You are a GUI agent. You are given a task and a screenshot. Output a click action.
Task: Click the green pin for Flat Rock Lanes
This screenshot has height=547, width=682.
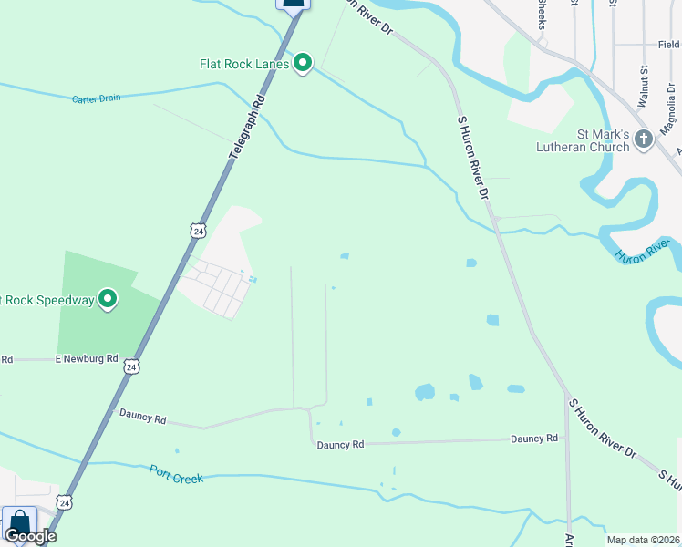pos(303,63)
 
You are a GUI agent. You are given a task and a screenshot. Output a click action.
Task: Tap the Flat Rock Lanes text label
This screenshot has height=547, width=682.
pos(244,64)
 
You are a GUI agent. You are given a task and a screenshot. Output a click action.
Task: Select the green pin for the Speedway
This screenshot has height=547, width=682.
pos(108,298)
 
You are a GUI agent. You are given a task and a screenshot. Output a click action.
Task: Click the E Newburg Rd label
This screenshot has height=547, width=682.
pos(87,359)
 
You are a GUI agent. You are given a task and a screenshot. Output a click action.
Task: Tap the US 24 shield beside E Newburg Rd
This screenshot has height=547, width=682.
pos(133,366)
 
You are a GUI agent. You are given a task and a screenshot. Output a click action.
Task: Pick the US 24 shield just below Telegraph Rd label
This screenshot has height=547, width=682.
pos(198,231)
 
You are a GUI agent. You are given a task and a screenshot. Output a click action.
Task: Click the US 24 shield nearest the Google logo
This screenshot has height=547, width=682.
pos(63,501)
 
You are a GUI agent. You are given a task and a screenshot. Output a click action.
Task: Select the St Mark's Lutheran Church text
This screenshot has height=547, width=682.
pos(584,139)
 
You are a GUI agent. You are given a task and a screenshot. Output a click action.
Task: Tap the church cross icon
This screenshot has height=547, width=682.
pos(644,139)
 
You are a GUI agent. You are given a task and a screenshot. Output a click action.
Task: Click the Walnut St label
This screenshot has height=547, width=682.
pos(643,88)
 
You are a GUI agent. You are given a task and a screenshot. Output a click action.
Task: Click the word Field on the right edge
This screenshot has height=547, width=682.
pos(668,44)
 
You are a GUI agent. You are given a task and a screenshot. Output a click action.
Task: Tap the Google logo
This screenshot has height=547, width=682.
pos(29,536)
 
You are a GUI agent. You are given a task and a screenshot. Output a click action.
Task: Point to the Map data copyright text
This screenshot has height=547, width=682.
pos(644,540)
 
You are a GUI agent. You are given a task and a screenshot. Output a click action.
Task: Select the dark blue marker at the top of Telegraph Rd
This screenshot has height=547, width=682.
pos(294,4)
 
